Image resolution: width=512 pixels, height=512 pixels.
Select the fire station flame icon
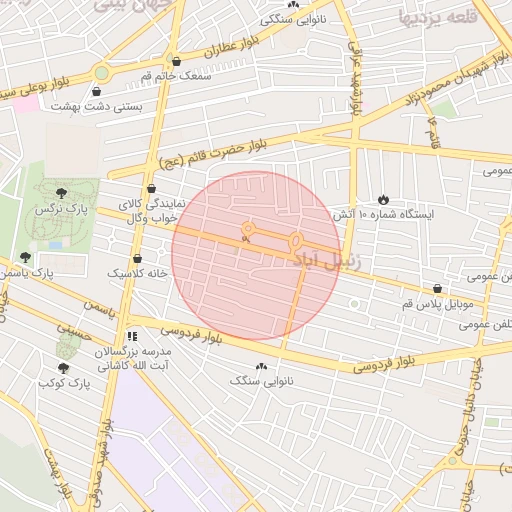click(x=383, y=198)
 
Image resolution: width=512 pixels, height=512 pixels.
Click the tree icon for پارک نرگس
click(x=63, y=193)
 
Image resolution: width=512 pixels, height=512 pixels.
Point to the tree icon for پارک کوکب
click(x=63, y=368)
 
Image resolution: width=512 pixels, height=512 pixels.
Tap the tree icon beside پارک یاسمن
click(x=26, y=257)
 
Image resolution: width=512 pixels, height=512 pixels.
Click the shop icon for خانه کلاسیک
click(x=123, y=257)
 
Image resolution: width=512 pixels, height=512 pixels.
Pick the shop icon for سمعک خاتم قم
click(x=176, y=61)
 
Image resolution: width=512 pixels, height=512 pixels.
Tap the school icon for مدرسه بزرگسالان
click(x=132, y=336)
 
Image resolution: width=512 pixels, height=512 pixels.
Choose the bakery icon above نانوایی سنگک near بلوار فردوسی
click(x=262, y=366)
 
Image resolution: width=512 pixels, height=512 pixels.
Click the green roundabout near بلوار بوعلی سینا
click(x=101, y=72)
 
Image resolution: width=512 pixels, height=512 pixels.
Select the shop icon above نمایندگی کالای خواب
click(x=151, y=187)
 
